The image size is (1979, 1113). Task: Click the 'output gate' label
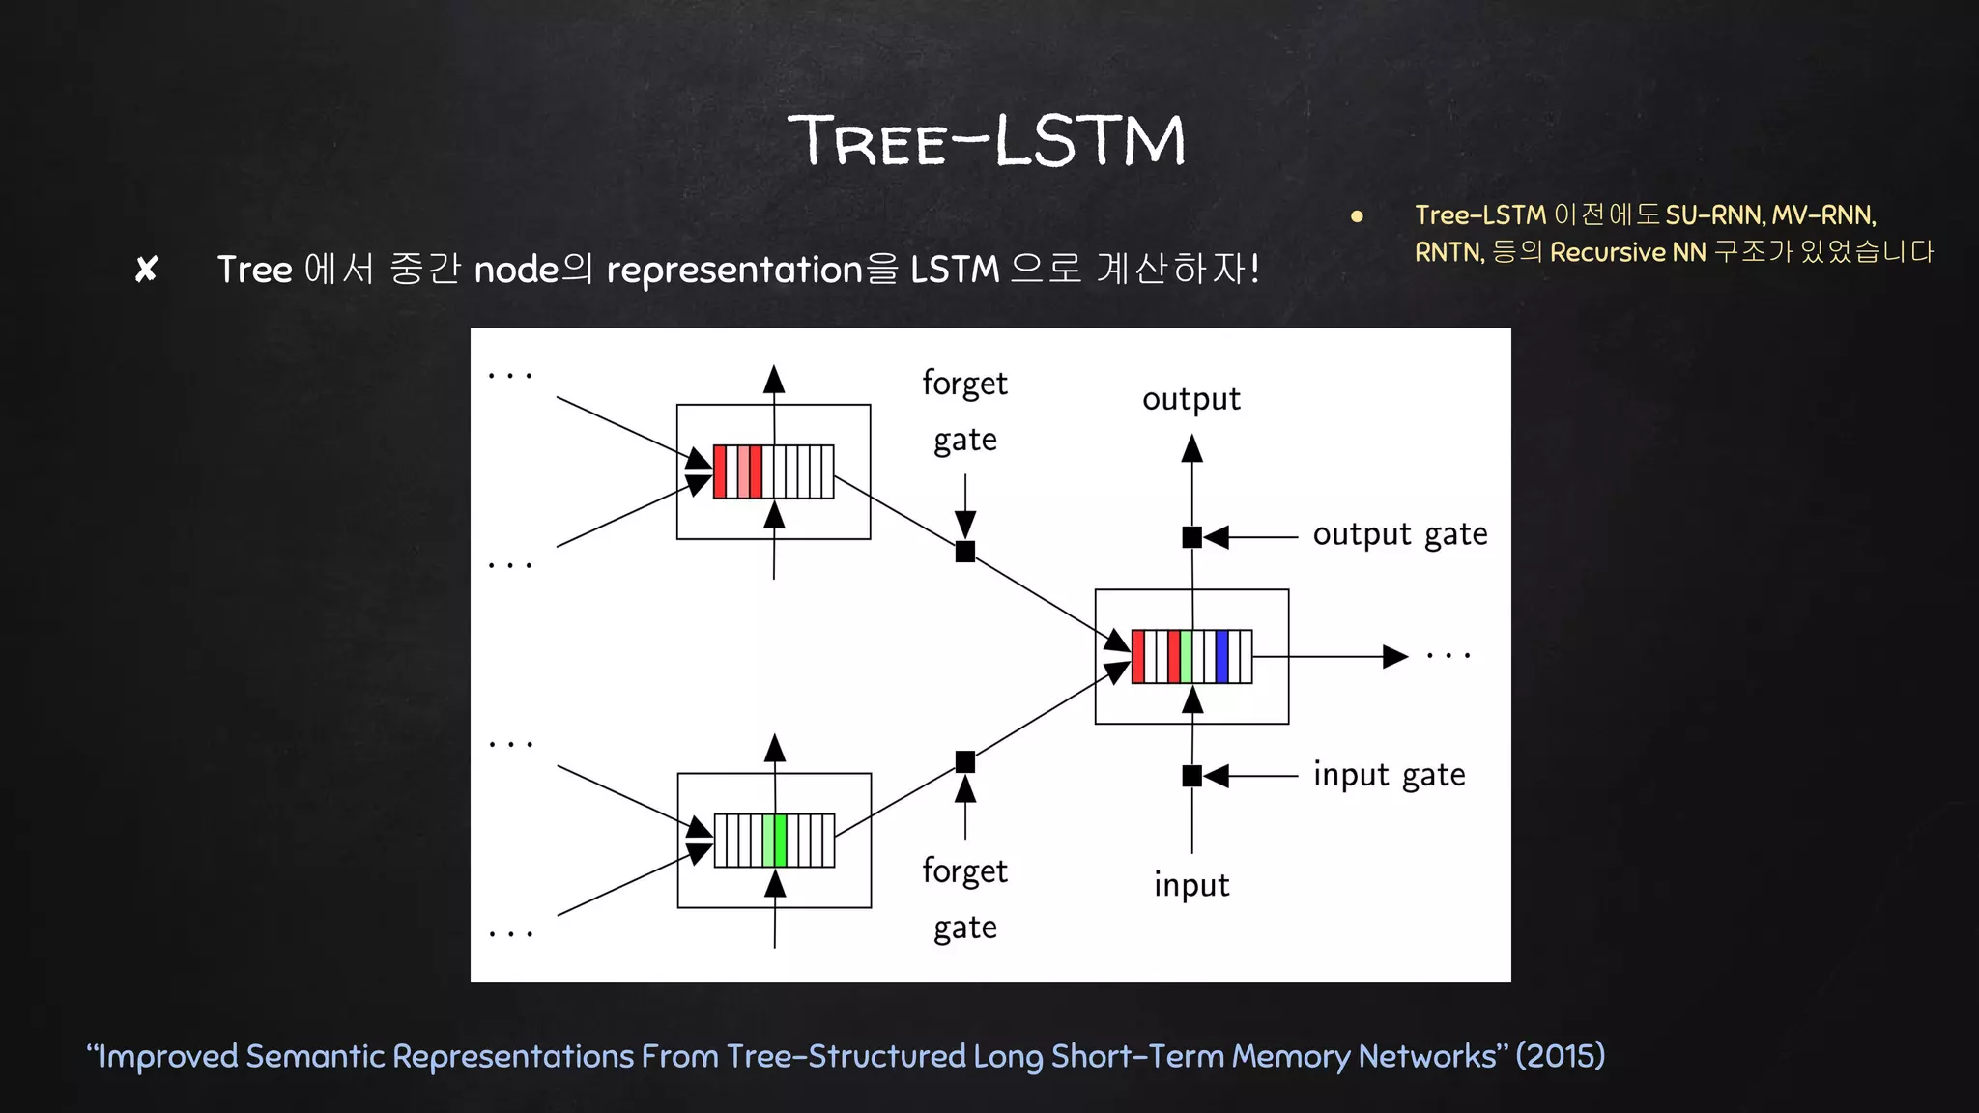[1399, 534]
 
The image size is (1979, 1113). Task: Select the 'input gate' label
[1389, 775]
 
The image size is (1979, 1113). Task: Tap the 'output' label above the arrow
[1190, 399]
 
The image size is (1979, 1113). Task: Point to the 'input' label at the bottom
[1190, 885]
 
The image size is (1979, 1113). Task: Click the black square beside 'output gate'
[1191, 537]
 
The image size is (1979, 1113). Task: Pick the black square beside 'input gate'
[1191, 775]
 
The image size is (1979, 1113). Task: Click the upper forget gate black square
[964, 552]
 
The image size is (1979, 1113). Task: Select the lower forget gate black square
[964, 762]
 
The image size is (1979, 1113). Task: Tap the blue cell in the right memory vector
[1221, 657]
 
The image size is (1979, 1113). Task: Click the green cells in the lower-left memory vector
[774, 841]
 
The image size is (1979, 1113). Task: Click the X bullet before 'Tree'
[146, 270]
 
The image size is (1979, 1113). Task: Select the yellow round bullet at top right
[1357, 216]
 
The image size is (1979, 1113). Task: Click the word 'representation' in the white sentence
[733, 270]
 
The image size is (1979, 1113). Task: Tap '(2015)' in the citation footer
[1560, 1055]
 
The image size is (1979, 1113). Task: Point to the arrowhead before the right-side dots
[1394, 657]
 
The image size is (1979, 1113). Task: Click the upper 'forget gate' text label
[964, 412]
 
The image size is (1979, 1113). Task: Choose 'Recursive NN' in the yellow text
[1627, 252]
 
